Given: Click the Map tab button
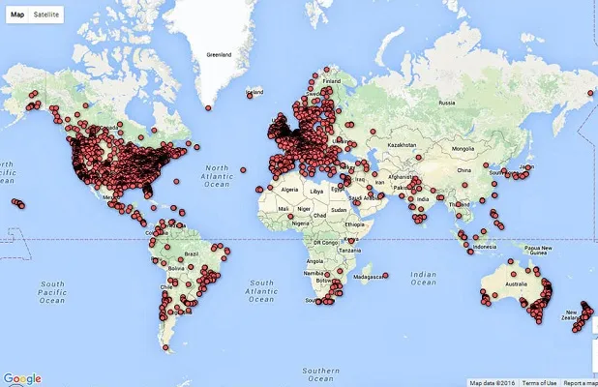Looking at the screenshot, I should tap(17, 15).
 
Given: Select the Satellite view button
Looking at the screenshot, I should tap(45, 15).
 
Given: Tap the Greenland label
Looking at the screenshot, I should tap(218, 55).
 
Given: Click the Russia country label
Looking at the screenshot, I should tap(447, 103).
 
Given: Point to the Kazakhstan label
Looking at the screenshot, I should tap(407, 144).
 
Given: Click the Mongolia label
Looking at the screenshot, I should tap(463, 148).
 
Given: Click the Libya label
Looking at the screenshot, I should tap(318, 193).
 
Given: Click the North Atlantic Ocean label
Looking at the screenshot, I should tap(217, 171).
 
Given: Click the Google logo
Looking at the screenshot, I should tap(22, 378).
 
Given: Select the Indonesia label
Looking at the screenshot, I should tap(489, 246).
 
